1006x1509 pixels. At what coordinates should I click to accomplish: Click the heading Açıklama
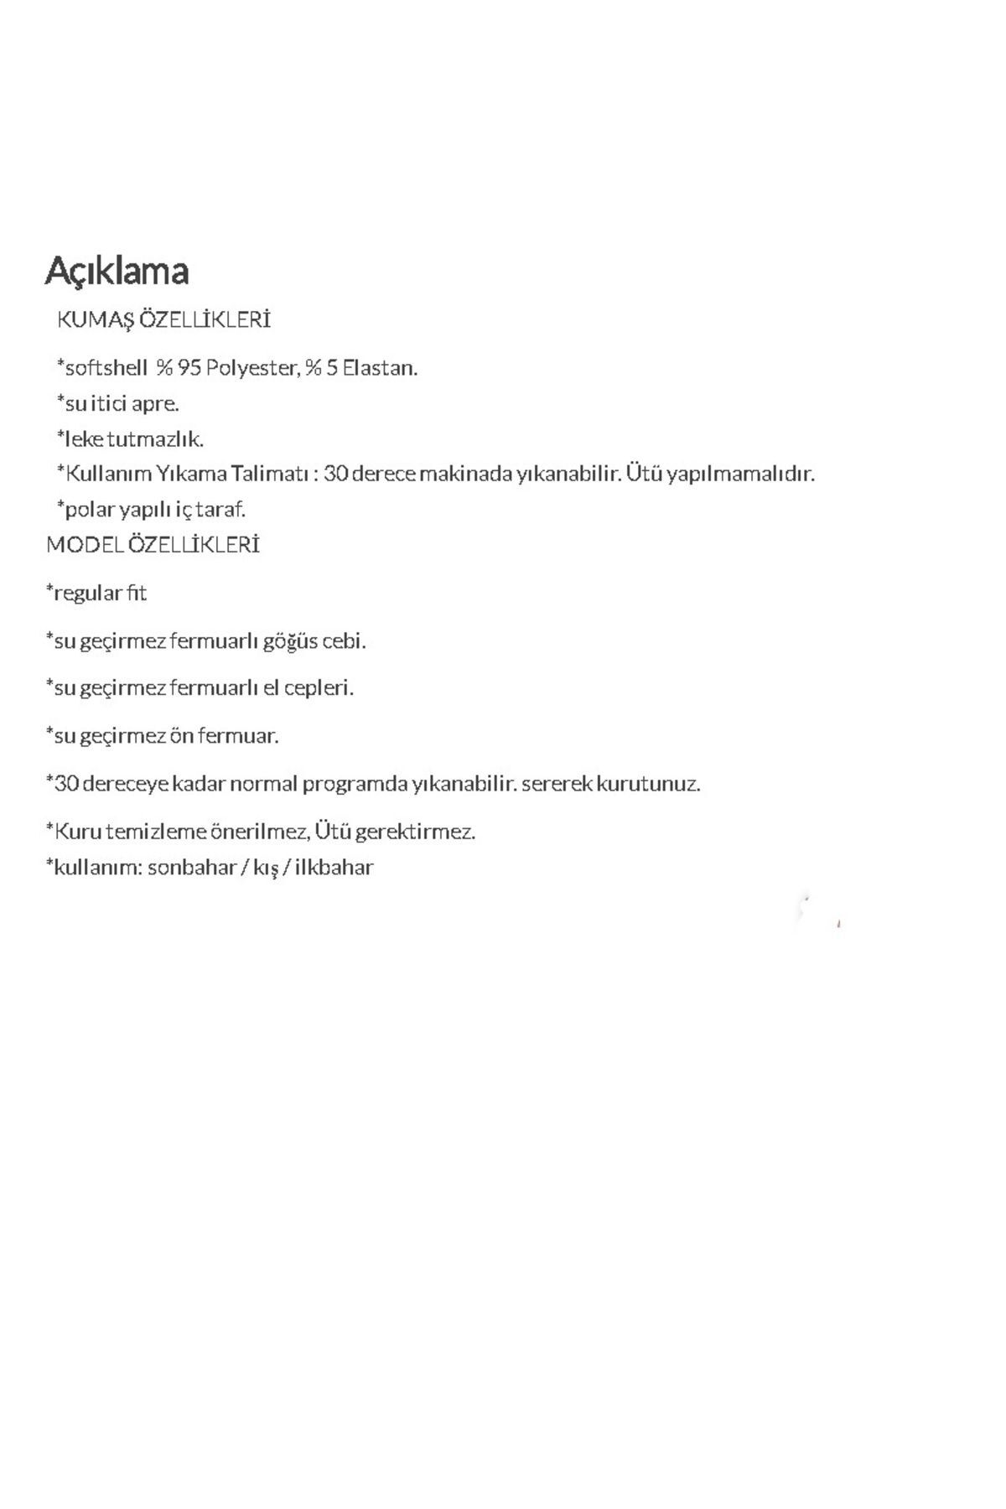coord(117,271)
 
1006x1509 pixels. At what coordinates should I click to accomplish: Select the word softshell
coord(106,368)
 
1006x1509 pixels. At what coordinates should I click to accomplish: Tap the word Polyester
coord(251,368)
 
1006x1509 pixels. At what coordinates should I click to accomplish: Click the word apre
coord(155,404)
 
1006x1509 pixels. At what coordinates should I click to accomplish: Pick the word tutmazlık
coord(155,439)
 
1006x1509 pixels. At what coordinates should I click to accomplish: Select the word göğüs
coord(290,641)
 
